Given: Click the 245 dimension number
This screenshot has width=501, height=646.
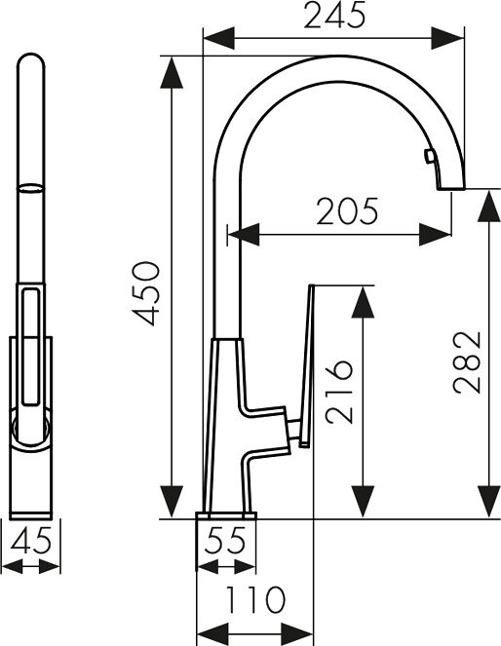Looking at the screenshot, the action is coord(334,15).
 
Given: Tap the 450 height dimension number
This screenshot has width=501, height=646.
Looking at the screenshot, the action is coord(145,293).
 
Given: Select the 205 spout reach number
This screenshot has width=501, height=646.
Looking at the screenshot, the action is coord(347,211).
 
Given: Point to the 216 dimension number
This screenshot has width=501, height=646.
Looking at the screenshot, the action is coord(339,392).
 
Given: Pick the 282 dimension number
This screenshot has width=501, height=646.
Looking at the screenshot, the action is coord(467,362).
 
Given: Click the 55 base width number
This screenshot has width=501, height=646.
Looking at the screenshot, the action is coord(226,540).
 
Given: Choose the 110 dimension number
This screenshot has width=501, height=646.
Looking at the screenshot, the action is coord(255,599).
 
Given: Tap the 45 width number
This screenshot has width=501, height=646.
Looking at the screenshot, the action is coord(31,539).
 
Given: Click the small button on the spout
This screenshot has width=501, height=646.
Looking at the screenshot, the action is coord(429,156).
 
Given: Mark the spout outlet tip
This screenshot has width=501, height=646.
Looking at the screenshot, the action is coord(451,188).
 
